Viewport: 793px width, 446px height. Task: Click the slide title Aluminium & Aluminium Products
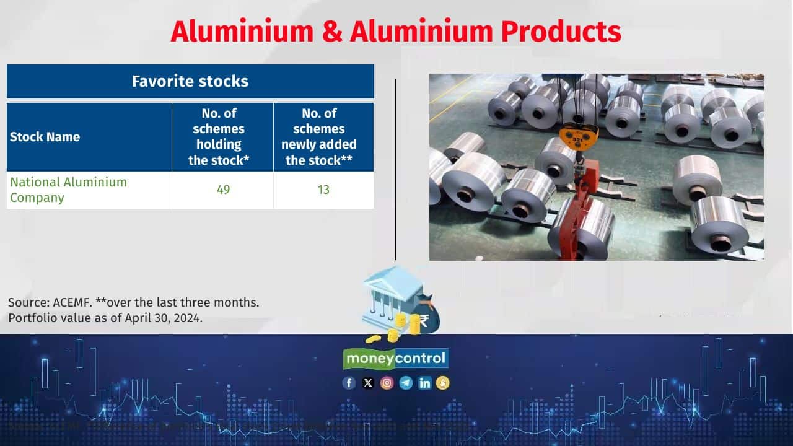coord(396,32)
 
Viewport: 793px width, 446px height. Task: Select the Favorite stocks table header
coord(190,81)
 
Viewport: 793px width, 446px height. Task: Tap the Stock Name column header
coord(45,137)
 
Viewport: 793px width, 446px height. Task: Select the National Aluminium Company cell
coord(68,190)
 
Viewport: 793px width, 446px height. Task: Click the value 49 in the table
coord(223,190)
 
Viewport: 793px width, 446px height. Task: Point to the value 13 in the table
coord(323,190)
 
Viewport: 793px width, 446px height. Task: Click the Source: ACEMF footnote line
coord(133,303)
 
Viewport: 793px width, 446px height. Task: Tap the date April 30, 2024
coord(167,318)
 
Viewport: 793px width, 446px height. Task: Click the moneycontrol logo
coord(396,358)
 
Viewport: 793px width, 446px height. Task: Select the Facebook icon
coord(349,383)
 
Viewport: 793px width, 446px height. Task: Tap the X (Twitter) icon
coord(368,383)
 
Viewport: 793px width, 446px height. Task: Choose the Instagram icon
coord(387,383)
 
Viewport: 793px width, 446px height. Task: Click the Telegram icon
coord(406,383)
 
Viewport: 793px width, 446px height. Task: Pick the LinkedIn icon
coord(424,383)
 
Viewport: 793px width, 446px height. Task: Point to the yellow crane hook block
coord(579,133)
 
